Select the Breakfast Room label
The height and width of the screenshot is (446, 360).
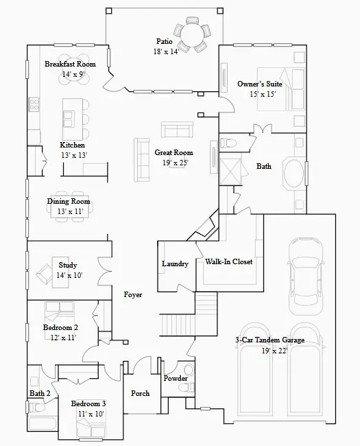coord(70,64)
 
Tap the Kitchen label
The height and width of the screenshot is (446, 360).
coord(73,145)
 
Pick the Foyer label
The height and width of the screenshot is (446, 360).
coord(133,295)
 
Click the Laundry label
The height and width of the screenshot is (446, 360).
coord(175,264)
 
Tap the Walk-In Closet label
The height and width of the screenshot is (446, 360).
coord(229,262)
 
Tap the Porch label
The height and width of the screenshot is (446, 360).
coord(140,393)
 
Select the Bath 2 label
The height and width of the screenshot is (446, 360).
coord(40,393)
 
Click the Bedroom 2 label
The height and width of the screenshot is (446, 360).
coord(60,328)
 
